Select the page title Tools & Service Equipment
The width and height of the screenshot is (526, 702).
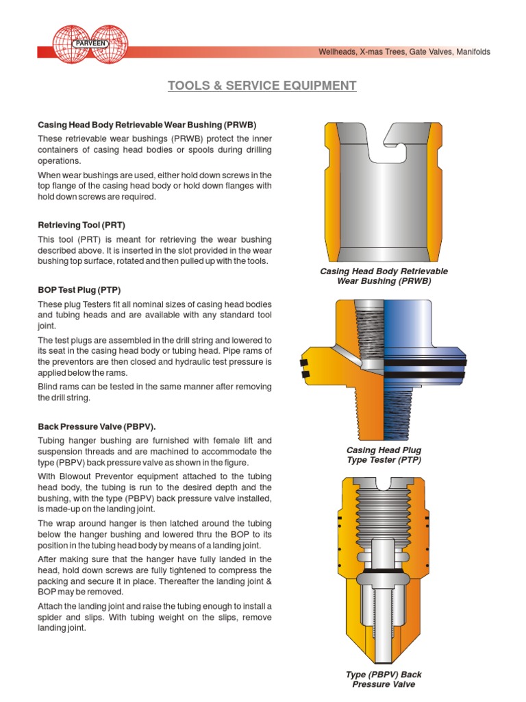click(262, 86)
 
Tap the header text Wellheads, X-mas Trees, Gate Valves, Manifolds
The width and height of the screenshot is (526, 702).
click(405, 52)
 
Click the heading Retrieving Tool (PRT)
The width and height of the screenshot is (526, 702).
click(82, 225)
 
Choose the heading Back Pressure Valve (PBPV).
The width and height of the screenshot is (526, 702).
click(92, 426)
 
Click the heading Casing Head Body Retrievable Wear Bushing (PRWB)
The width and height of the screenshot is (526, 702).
click(147, 125)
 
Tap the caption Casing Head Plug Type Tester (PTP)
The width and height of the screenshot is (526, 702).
click(384, 455)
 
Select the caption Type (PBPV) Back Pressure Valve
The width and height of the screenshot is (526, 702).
click(384, 679)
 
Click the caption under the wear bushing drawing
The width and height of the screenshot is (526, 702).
click(384, 276)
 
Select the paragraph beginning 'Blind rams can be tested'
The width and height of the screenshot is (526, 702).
click(154, 392)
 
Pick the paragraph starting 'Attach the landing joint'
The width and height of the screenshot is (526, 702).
click(154, 617)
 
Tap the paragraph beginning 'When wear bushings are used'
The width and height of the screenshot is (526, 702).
click(154, 186)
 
